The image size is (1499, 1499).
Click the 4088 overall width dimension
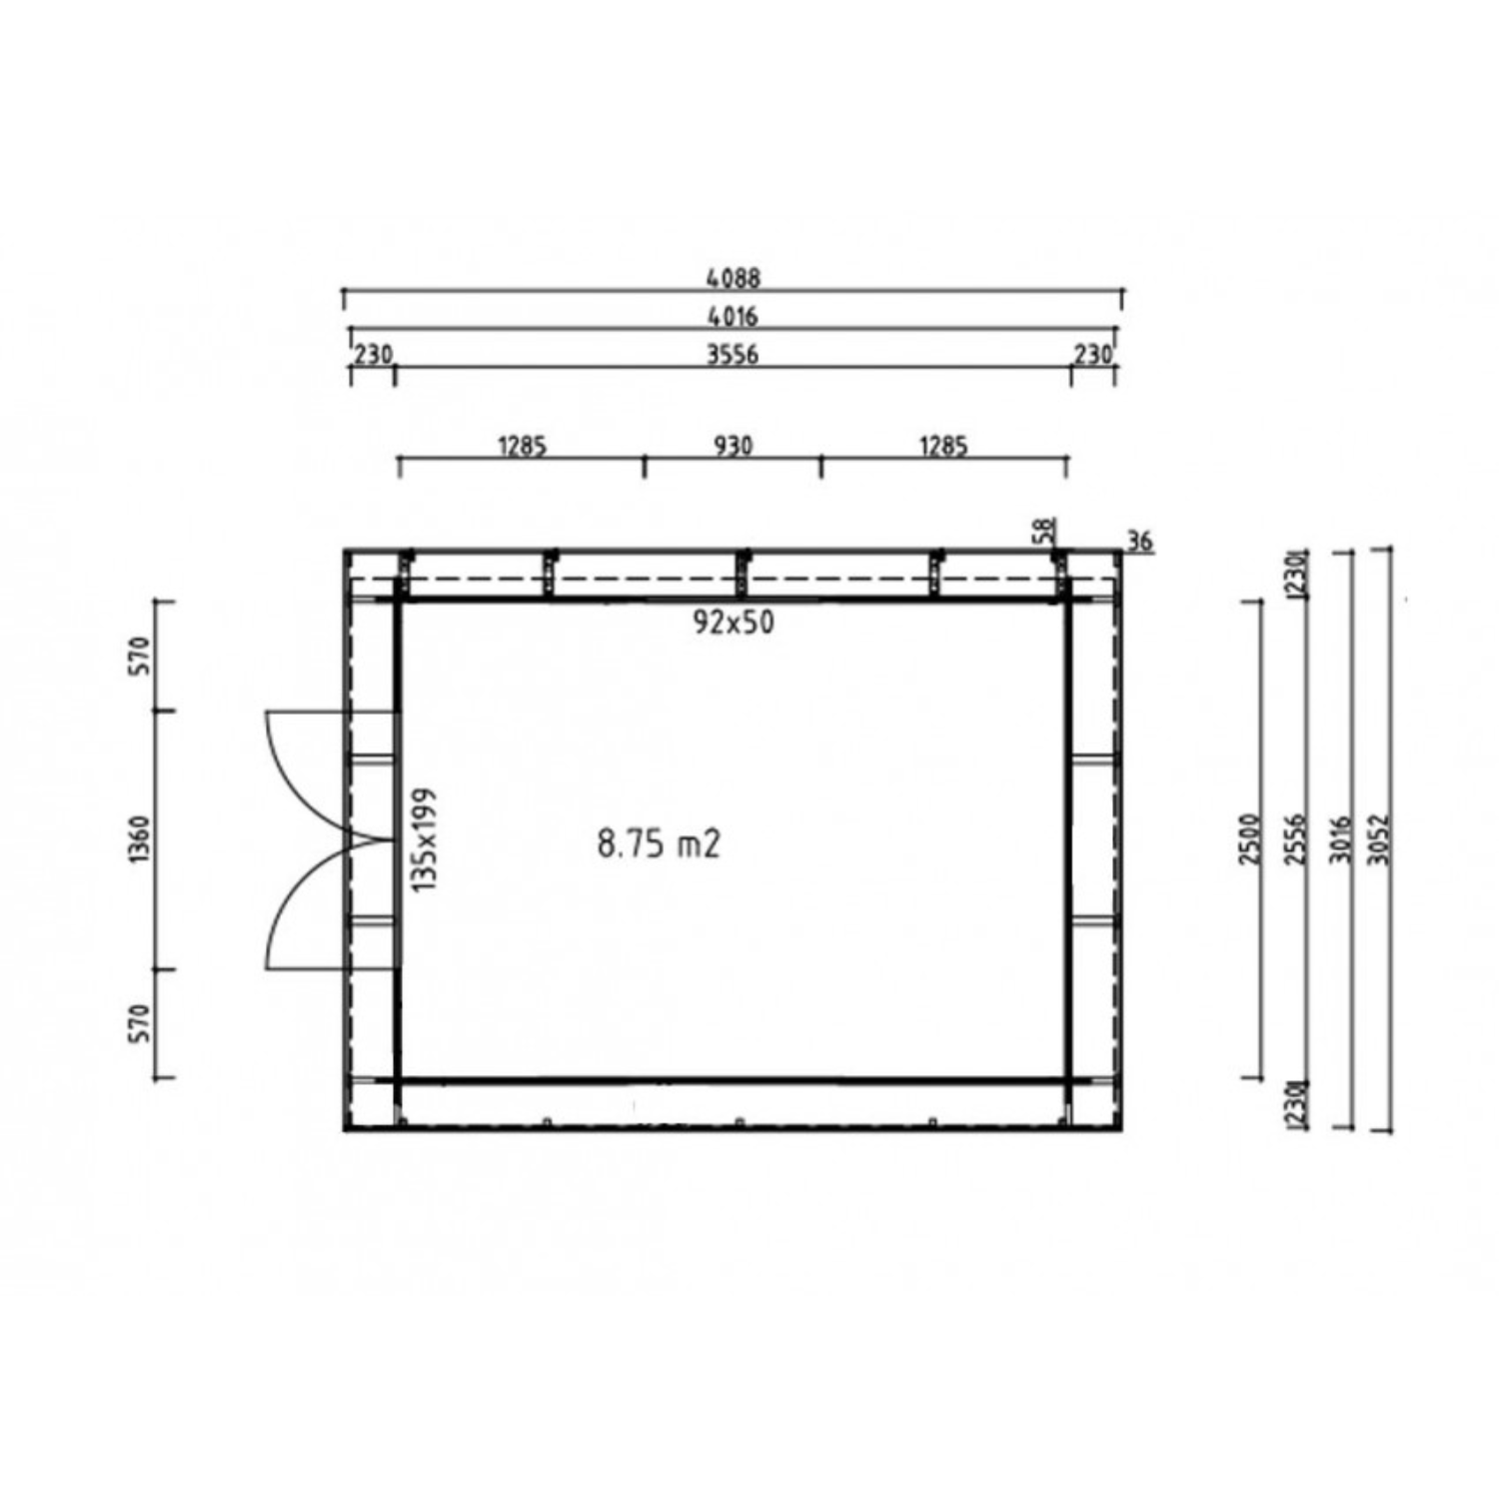click(734, 278)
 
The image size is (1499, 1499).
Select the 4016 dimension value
click(734, 316)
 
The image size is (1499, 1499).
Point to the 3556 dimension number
click(733, 354)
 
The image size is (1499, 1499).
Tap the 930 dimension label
click(734, 445)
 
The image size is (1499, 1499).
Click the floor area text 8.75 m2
click(659, 844)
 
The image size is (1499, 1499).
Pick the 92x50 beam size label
click(734, 623)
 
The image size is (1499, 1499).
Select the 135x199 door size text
click(425, 839)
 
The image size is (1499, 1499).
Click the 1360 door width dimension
click(140, 840)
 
